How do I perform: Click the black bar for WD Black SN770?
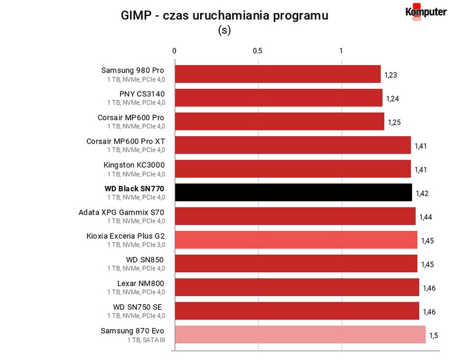293,193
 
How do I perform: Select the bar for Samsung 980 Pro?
278,74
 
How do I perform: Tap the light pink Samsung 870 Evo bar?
300,334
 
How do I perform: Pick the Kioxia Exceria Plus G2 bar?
296,240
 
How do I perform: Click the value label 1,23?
390,75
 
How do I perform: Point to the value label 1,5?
433,335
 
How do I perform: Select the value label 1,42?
422,193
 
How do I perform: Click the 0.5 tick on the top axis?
257,51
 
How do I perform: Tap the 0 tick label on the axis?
174,51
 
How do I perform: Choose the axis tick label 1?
341,51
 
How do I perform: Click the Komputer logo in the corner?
426,12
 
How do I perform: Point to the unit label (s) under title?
225,30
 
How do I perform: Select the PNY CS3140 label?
142,94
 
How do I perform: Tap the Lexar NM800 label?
141,283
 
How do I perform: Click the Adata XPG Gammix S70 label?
122,212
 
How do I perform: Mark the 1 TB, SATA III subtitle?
146,340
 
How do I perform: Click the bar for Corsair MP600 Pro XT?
293,145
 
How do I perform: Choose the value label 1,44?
425,217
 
